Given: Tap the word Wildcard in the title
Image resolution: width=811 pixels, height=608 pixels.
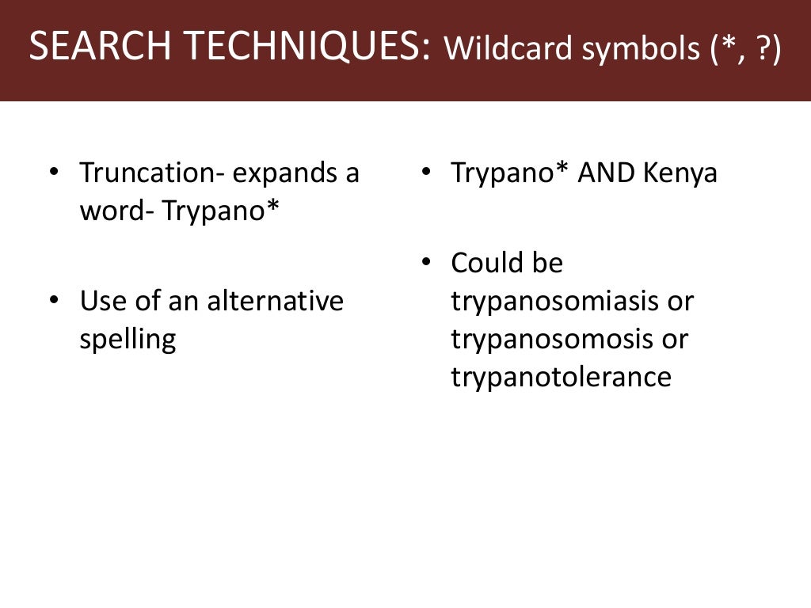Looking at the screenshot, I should click(507, 50).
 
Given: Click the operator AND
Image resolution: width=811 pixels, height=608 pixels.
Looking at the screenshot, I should click(604, 173).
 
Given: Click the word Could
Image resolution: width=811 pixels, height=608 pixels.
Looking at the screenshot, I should click(484, 263).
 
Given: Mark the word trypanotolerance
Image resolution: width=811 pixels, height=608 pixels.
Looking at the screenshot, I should click(561, 377).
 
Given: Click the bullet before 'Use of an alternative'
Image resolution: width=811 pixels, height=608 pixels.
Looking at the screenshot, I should click(54, 302).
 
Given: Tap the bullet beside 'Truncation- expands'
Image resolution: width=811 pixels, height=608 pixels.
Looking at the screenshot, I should click(54, 173).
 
